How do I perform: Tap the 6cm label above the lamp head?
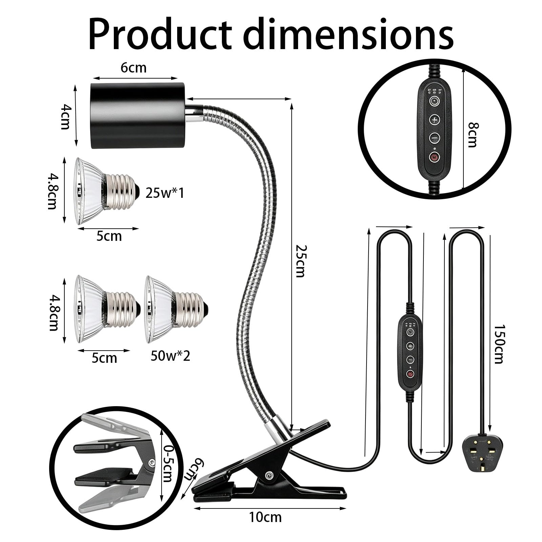click(x=133, y=68)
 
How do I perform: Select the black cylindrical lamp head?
click(x=138, y=116)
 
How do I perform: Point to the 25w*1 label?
click(x=165, y=193)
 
